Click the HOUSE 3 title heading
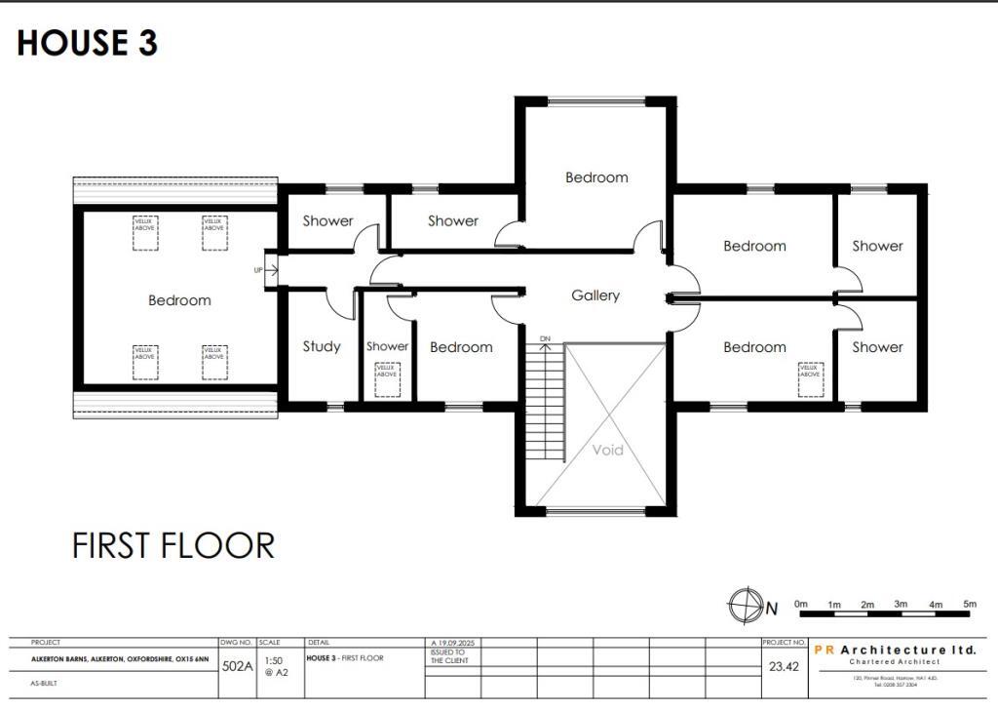87,44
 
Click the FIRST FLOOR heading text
173,545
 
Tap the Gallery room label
595,296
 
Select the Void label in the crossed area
608,451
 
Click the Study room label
322,346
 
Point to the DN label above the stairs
545,338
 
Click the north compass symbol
745,606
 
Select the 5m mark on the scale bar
969,605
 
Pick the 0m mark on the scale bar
801,605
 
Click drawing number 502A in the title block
237,667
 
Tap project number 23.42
784,667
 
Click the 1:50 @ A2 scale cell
274,666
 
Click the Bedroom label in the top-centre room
596,177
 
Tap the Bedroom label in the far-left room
179,300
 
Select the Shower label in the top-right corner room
877,246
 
